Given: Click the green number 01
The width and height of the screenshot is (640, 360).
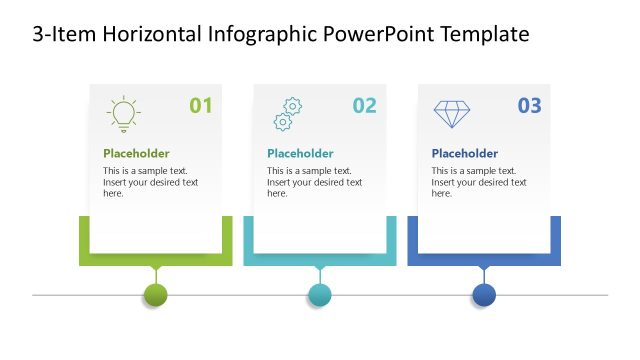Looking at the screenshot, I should [x=201, y=105].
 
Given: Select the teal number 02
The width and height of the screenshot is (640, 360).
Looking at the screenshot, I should [x=365, y=105].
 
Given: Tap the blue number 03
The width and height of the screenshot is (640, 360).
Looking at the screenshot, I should [x=529, y=105].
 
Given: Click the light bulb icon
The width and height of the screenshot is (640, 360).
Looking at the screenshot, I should [x=123, y=114].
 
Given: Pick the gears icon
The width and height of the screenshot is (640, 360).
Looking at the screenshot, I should [x=287, y=114].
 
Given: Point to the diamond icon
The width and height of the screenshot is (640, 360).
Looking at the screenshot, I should [x=451, y=113].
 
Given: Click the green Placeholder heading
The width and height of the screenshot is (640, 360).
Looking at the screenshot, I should [x=136, y=153].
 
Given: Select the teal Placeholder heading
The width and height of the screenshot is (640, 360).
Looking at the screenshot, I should [x=300, y=153].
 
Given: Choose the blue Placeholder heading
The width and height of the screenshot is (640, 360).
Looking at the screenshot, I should [x=464, y=153].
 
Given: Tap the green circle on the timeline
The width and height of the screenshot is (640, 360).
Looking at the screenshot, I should [x=155, y=295].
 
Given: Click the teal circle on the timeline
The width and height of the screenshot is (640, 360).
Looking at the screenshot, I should [x=319, y=295].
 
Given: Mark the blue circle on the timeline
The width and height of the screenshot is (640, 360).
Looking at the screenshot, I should [x=484, y=295].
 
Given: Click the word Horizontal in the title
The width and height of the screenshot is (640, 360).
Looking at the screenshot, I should [x=151, y=35].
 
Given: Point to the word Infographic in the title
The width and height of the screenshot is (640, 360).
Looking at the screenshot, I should [x=263, y=35].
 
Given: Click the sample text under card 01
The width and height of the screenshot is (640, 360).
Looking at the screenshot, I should [x=150, y=182].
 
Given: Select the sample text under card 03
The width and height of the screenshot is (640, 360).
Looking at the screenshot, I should [x=478, y=182].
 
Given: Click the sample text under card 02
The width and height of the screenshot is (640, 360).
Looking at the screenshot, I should [x=314, y=182].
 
